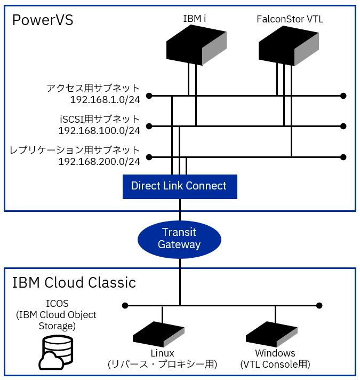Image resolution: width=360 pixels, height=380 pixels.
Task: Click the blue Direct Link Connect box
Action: [179, 186]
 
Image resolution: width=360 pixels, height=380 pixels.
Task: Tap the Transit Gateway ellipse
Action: [179, 239]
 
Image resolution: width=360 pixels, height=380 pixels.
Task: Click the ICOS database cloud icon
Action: [55, 352]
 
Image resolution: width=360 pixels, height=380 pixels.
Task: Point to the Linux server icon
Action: [158, 334]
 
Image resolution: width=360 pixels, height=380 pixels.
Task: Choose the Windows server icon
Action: [271, 334]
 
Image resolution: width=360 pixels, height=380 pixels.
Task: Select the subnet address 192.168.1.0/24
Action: [105, 100]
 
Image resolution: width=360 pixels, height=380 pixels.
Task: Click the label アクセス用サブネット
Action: [93, 88]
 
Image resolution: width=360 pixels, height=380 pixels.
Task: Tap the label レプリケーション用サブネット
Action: [75, 150]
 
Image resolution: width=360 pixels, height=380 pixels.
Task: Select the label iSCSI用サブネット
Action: [100, 119]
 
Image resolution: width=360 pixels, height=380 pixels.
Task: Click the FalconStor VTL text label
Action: [290, 20]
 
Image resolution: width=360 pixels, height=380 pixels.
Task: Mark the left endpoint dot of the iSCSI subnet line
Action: [149, 126]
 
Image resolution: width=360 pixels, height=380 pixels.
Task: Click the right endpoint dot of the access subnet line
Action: [343, 96]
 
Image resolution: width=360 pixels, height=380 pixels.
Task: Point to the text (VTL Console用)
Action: [275, 365]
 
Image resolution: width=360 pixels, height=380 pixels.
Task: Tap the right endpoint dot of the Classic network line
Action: [319, 306]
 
